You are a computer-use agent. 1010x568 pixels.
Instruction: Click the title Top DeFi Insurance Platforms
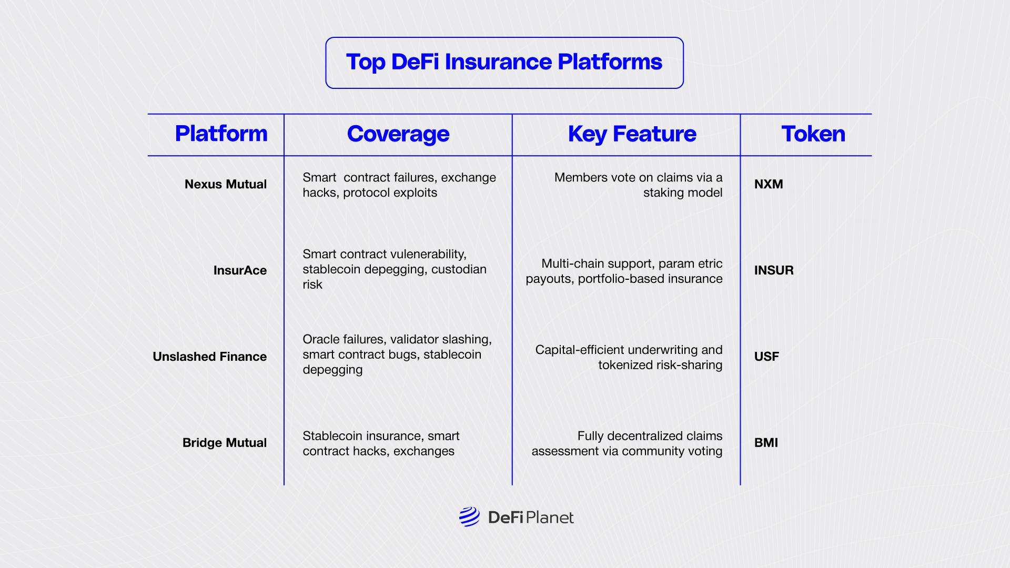(504, 62)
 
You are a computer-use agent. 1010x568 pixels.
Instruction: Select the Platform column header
(221, 134)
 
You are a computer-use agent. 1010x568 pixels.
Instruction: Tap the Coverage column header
(398, 134)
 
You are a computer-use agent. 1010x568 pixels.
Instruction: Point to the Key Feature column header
(632, 134)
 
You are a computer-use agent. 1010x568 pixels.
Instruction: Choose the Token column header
(813, 134)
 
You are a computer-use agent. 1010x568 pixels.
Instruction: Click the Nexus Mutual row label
(225, 185)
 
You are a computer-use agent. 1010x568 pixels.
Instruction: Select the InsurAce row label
(240, 271)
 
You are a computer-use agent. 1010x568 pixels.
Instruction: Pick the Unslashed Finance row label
(209, 357)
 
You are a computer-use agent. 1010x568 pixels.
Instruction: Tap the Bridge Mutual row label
(224, 443)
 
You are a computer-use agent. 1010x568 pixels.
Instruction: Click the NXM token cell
(769, 185)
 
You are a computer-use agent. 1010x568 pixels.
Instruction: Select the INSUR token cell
(774, 271)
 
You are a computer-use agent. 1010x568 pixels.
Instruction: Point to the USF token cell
(766, 357)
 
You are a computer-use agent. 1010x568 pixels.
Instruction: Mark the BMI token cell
(766, 443)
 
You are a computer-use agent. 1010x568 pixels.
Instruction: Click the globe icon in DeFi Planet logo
(469, 517)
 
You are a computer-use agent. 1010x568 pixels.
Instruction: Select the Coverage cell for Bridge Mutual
(381, 443)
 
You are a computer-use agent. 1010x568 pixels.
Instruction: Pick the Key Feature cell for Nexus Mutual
(638, 185)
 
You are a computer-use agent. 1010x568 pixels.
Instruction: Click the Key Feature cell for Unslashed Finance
(629, 357)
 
